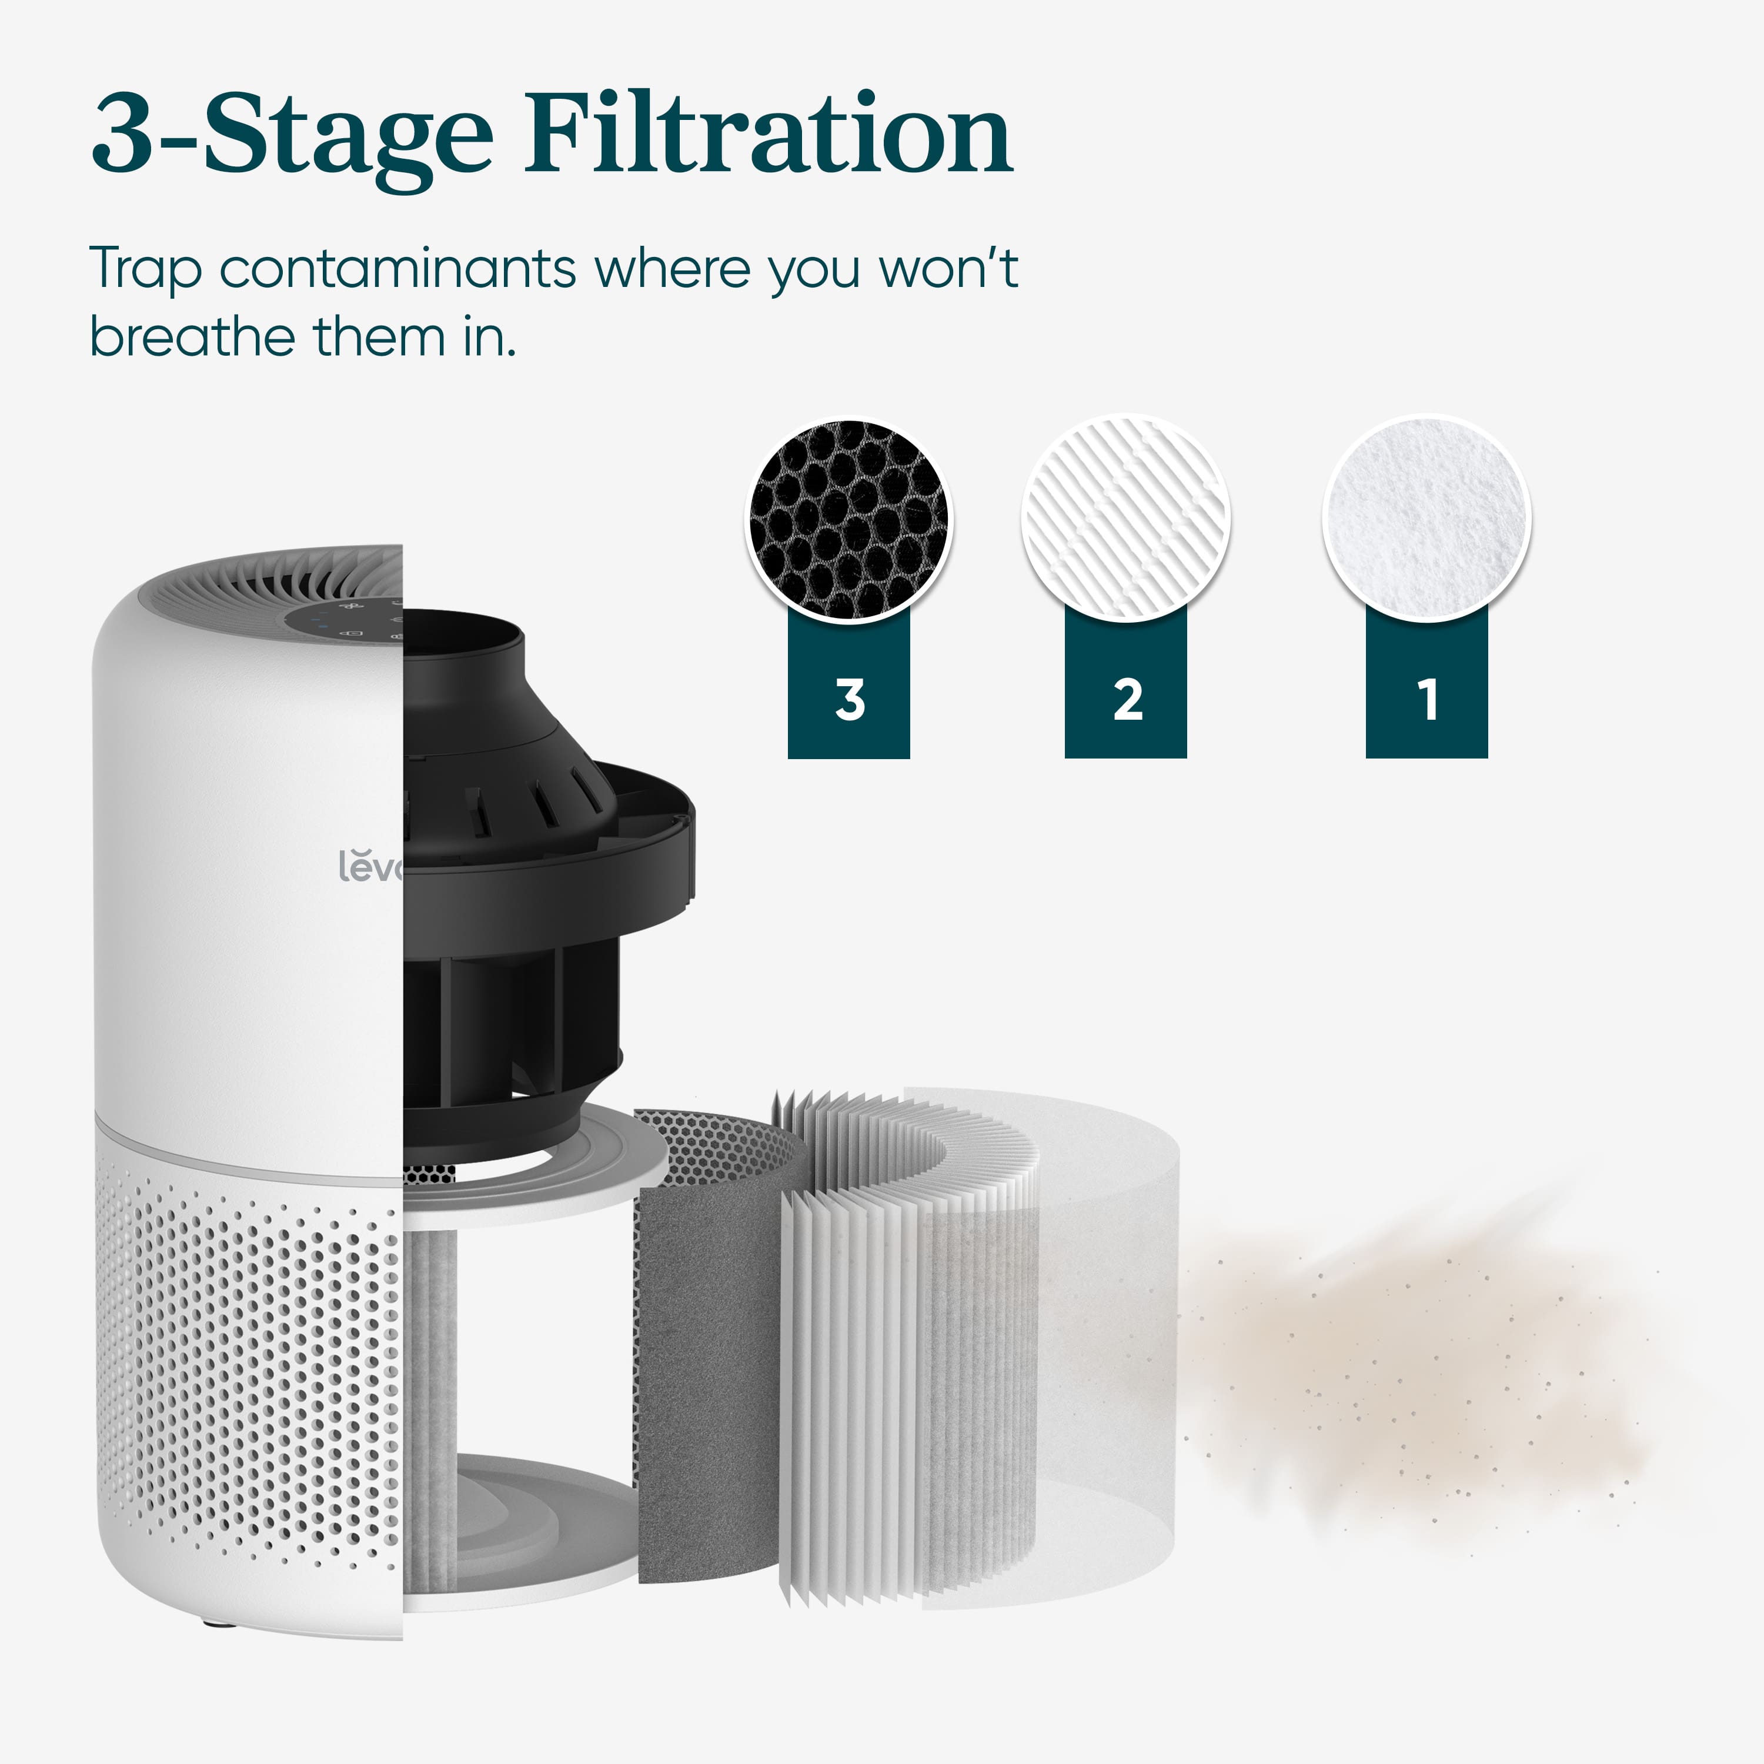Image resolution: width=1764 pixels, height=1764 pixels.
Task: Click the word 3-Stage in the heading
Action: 292,137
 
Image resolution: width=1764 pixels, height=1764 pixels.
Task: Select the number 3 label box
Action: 848,699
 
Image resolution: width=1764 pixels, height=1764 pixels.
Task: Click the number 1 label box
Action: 1426,699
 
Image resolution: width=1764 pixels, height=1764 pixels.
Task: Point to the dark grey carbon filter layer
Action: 703,1369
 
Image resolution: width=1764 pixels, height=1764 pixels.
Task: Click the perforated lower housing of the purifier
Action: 246,1369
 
